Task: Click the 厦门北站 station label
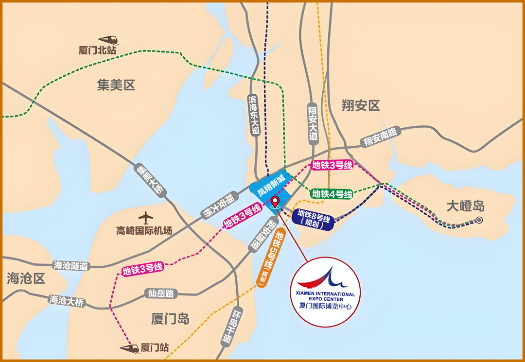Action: (97, 50)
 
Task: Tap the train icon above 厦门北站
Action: (108, 39)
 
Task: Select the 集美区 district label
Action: (116, 86)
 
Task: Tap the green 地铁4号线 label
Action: (332, 194)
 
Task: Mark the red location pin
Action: (275, 201)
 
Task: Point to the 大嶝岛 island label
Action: (465, 206)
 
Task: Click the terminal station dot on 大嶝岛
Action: (479, 220)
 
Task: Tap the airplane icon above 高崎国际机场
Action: (145, 217)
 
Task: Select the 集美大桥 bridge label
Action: (150, 180)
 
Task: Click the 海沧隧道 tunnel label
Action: (71, 266)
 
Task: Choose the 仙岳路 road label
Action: (161, 293)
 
